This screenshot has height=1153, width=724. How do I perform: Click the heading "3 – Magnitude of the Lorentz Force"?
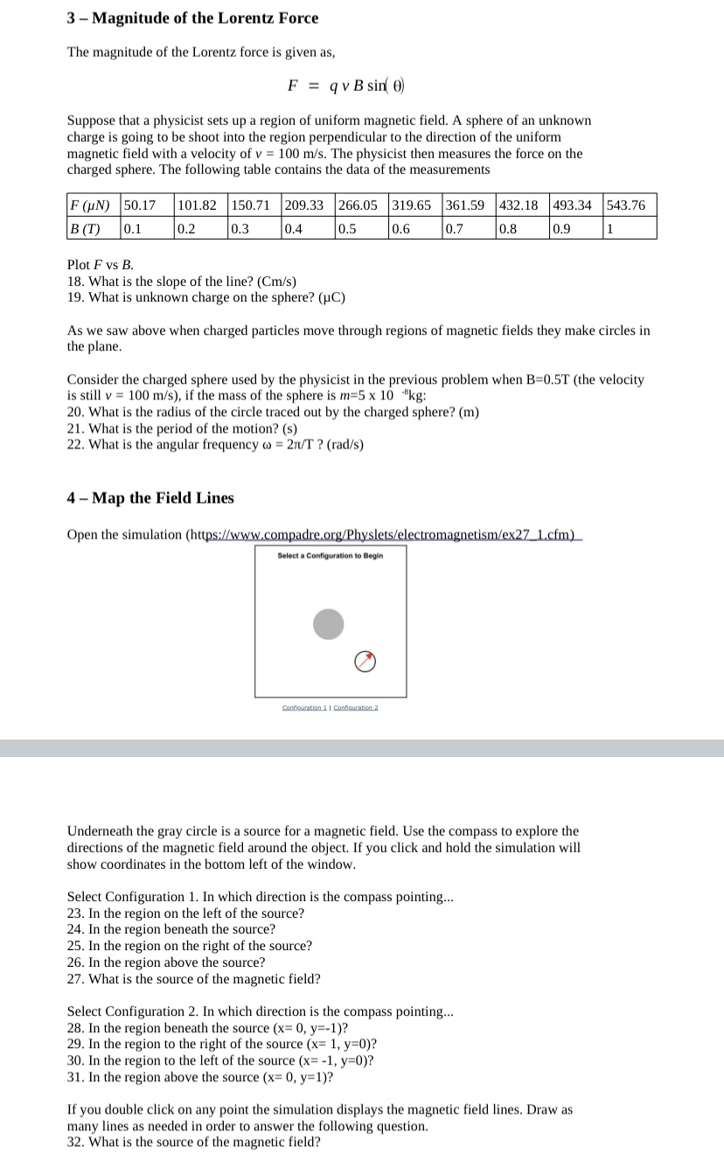click(x=192, y=18)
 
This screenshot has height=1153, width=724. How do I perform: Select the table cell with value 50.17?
click(x=140, y=206)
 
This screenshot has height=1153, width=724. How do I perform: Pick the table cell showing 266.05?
click(x=358, y=206)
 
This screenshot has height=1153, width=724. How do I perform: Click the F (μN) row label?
click(x=90, y=206)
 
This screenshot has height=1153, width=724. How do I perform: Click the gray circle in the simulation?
click(x=329, y=623)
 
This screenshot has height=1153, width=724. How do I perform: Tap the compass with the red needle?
click(x=366, y=662)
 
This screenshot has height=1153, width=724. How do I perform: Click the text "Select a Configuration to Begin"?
click(x=330, y=556)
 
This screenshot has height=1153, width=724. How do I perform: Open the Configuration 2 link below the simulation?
click(x=354, y=707)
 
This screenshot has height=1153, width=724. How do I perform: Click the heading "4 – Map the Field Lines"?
click(x=150, y=498)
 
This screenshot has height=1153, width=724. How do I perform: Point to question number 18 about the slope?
click(x=181, y=281)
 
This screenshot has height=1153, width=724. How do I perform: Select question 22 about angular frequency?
click(x=215, y=444)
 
